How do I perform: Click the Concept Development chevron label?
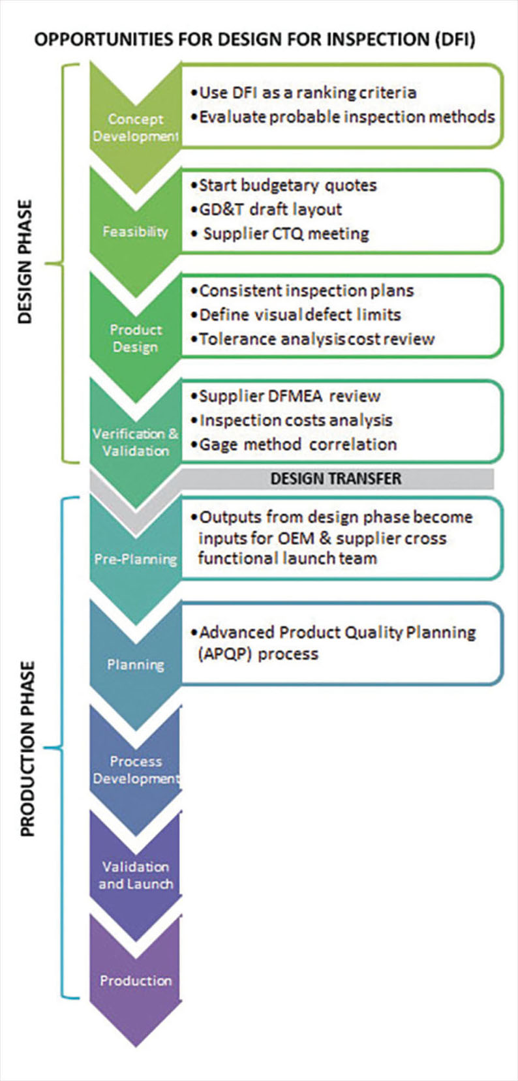[x=136, y=127]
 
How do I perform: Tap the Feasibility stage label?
[x=135, y=232]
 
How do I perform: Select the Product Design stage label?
[x=136, y=338]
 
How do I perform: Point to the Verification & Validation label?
[x=136, y=442]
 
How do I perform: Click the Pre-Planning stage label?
[x=136, y=559]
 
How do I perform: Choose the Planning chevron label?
[x=136, y=665]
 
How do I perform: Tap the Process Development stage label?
[x=136, y=770]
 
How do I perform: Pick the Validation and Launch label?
[x=136, y=875]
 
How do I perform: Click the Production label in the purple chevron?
[x=136, y=981]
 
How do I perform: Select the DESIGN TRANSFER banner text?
[x=336, y=478]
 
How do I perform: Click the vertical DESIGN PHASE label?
[x=25, y=262]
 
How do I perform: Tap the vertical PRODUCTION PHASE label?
[x=27, y=748]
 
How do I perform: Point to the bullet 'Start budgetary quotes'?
[x=283, y=185]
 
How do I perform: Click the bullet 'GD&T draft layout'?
[x=266, y=209]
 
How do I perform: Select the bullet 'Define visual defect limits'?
[x=296, y=314]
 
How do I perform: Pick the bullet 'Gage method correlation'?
[x=294, y=444]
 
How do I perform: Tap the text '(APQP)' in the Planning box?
[x=226, y=654]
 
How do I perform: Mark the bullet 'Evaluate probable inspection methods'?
[x=343, y=117]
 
